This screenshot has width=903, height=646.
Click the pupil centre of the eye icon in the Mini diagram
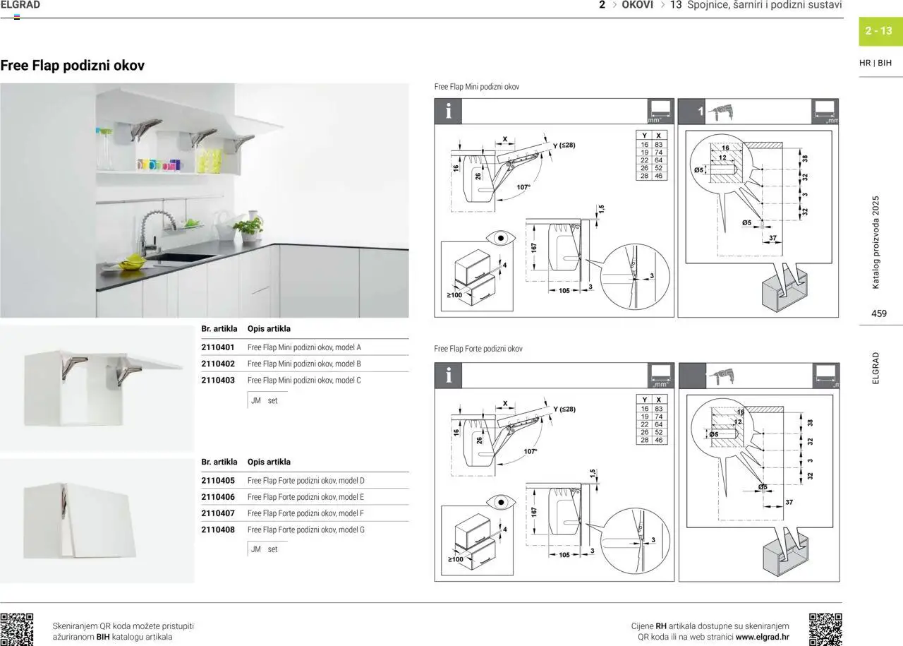click(x=500, y=238)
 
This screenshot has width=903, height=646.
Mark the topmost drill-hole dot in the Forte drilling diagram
click(x=763, y=433)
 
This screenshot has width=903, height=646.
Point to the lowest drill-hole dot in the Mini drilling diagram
click(x=762, y=220)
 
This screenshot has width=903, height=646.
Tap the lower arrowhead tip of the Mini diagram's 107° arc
click(x=497, y=200)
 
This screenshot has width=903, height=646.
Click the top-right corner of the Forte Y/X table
click(x=667, y=395)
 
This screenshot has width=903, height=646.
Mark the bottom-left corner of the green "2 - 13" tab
click(x=859, y=46)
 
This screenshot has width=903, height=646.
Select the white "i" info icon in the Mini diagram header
click(x=448, y=111)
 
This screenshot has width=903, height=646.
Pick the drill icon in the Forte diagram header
click(x=722, y=376)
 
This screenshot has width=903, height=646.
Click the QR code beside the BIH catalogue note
click(x=16, y=630)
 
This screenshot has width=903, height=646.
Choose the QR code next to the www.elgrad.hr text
click(x=825, y=630)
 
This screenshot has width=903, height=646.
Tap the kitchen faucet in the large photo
click(x=150, y=234)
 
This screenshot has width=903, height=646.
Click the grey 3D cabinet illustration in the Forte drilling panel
click(x=786, y=555)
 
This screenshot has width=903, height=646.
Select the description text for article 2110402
click(x=304, y=364)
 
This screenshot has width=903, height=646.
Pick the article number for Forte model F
click(x=218, y=513)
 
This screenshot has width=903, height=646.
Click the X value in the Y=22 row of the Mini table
click(x=658, y=160)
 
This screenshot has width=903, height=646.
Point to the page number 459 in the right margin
click(x=879, y=313)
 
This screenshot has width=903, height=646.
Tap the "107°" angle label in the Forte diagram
click(x=531, y=452)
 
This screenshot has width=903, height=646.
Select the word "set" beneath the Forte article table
click(x=272, y=549)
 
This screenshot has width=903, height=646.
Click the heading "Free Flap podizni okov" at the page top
click(x=73, y=66)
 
